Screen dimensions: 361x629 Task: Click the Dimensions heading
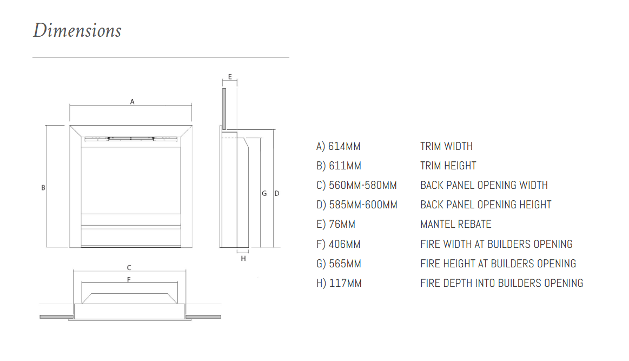tap(77, 30)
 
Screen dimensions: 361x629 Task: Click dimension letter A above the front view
tap(132, 101)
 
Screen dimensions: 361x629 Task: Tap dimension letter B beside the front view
tap(43, 188)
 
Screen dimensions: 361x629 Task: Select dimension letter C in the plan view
tap(129, 267)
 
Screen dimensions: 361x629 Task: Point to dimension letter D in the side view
tap(276, 193)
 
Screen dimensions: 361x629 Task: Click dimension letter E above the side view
tap(230, 77)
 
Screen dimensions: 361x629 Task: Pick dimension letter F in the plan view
tap(129, 279)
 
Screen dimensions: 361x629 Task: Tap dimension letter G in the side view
tap(264, 193)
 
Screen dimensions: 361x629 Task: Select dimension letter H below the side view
tap(243, 259)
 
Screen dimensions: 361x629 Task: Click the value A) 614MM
tap(339, 146)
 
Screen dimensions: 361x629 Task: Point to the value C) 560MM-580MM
tap(357, 185)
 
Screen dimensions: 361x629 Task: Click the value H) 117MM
tap(339, 283)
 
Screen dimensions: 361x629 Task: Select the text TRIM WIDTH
tap(446, 146)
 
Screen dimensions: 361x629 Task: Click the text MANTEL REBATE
tap(456, 224)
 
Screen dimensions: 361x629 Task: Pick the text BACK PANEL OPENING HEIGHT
tap(486, 205)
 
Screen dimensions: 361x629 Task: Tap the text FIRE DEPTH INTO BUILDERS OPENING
tap(501, 283)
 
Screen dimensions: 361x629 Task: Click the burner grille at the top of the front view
tap(131, 139)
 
